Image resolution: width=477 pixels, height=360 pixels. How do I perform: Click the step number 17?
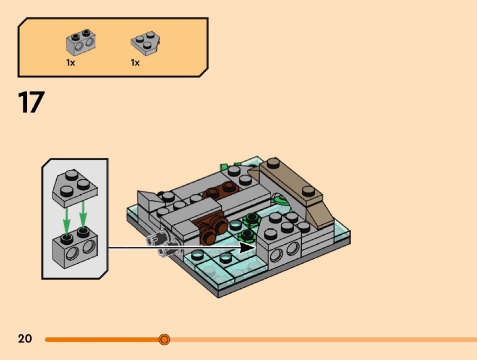click(31, 102)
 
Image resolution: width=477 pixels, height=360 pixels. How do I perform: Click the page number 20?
click(25, 338)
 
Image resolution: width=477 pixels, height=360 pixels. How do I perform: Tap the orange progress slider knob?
click(164, 339)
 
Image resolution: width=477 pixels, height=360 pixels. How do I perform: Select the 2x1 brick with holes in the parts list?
click(81, 42)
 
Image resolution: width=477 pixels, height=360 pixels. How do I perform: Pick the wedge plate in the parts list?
click(145, 43)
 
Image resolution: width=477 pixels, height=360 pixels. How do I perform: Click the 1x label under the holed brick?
click(70, 63)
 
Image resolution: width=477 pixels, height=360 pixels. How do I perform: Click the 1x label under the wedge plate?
click(135, 63)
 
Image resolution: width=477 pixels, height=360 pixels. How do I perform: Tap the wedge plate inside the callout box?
click(75, 188)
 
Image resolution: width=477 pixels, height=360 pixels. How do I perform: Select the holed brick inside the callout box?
click(75, 248)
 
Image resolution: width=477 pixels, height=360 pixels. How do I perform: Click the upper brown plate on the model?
click(221, 190)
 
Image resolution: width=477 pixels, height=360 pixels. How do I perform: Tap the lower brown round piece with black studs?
click(210, 230)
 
